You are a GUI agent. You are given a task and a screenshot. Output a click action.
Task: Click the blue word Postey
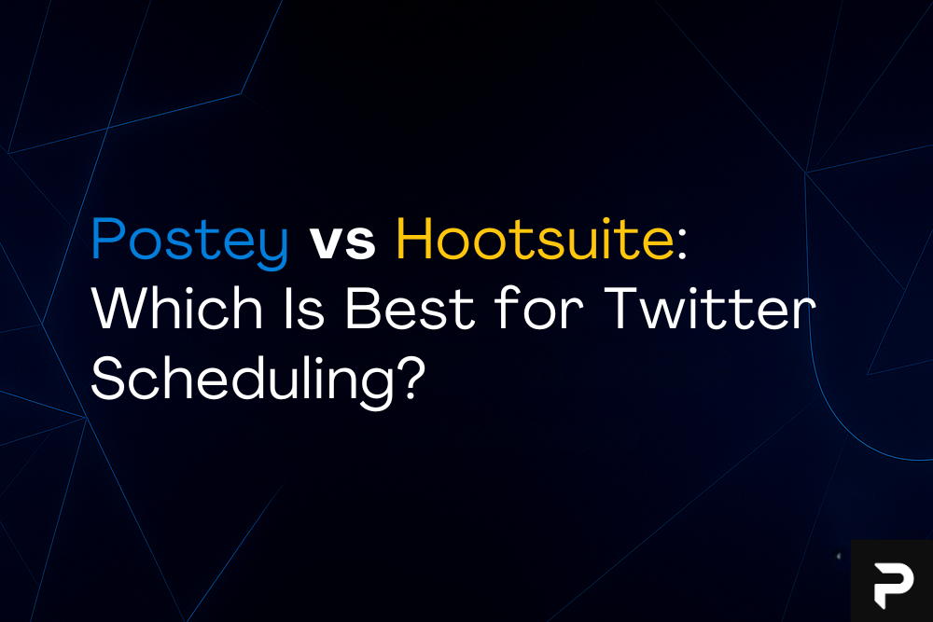pyautogui.click(x=189, y=242)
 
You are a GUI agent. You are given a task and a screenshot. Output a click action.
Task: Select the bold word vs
pyautogui.click(x=341, y=242)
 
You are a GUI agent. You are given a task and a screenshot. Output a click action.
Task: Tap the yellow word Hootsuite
pyautogui.click(x=533, y=240)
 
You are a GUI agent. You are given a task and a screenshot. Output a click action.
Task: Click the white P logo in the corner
pyautogui.click(x=892, y=582)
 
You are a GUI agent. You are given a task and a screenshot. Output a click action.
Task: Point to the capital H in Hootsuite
pyautogui.click(x=414, y=240)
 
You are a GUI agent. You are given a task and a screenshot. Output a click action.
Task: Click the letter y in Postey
pyautogui.click(x=274, y=247)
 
